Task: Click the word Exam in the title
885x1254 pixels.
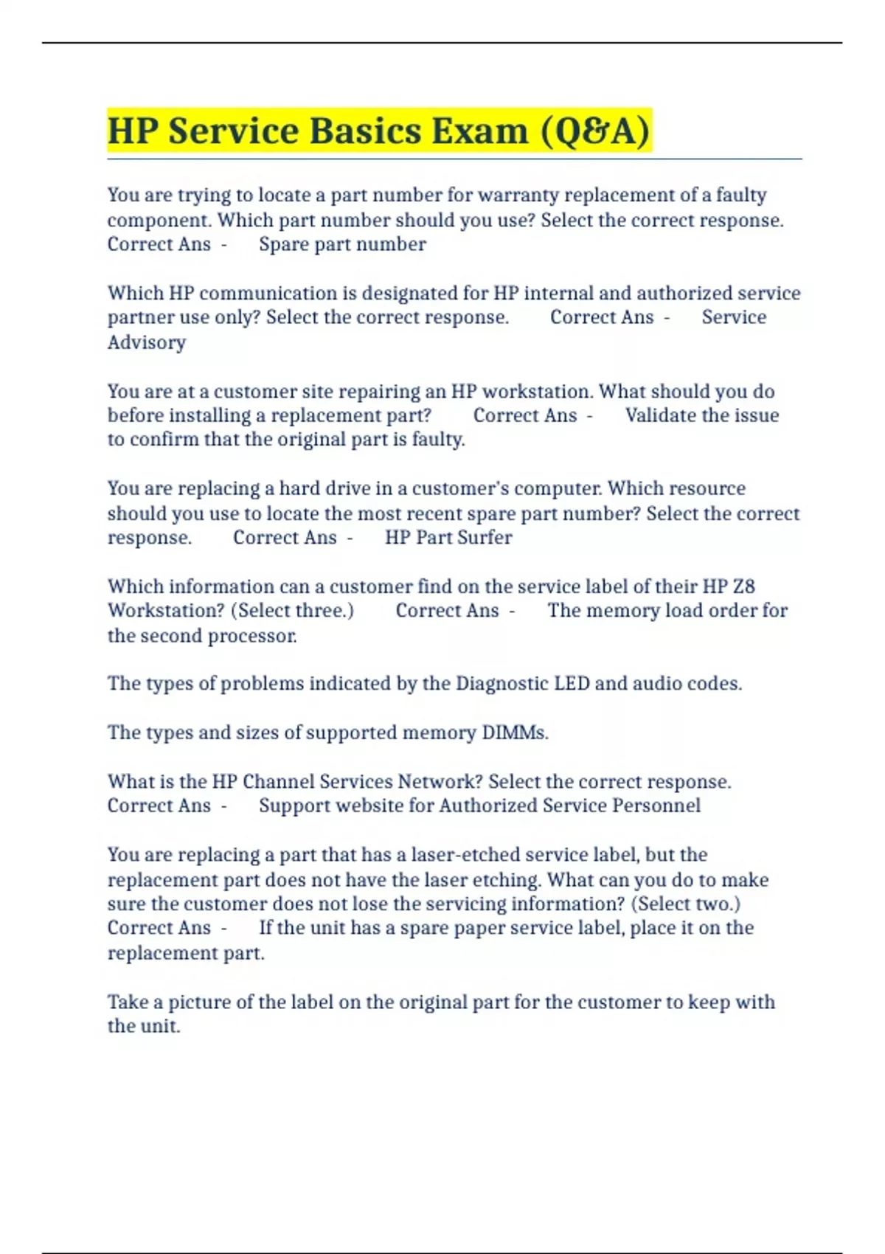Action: tap(479, 131)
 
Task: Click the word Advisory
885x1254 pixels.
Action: tap(147, 342)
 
